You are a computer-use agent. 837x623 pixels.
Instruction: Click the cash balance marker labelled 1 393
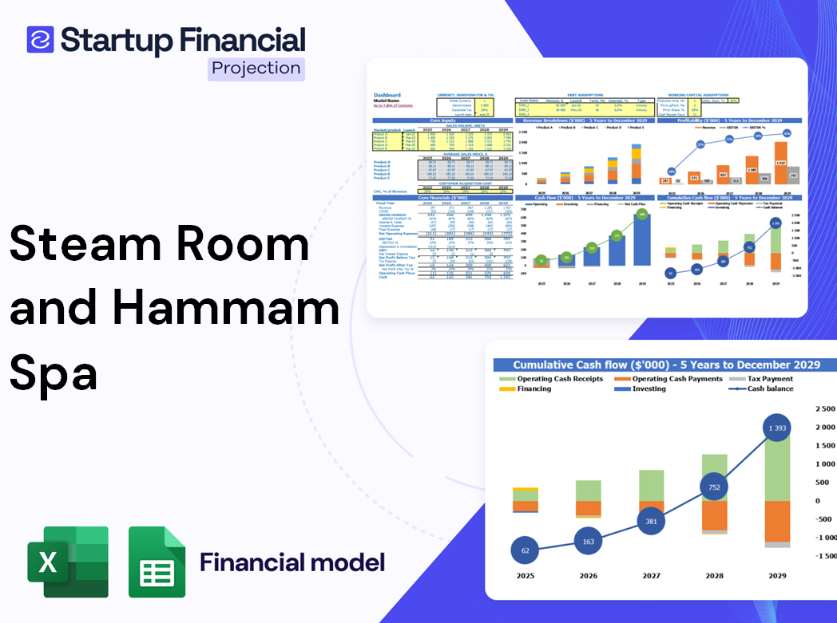coord(777,429)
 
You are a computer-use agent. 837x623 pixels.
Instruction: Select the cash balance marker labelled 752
coord(714,487)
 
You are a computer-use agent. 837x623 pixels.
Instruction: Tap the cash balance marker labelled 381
coord(651,522)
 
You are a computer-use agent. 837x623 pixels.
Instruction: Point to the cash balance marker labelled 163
coord(588,542)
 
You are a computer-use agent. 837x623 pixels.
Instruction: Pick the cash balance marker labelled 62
coord(525,550)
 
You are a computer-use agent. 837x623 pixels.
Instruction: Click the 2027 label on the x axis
coord(651,576)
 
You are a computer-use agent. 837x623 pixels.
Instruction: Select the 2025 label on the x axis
coord(525,576)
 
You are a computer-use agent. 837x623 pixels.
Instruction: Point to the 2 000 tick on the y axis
coord(823,428)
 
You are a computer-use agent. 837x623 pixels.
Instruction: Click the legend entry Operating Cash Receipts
coord(560,379)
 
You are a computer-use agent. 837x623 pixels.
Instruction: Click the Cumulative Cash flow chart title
coord(666,365)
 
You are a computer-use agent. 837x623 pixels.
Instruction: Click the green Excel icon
coord(67,562)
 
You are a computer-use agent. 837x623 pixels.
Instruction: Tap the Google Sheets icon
coord(157,562)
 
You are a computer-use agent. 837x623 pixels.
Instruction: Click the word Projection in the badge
coord(256,69)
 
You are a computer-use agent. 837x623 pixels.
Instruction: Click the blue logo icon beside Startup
coord(40,40)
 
